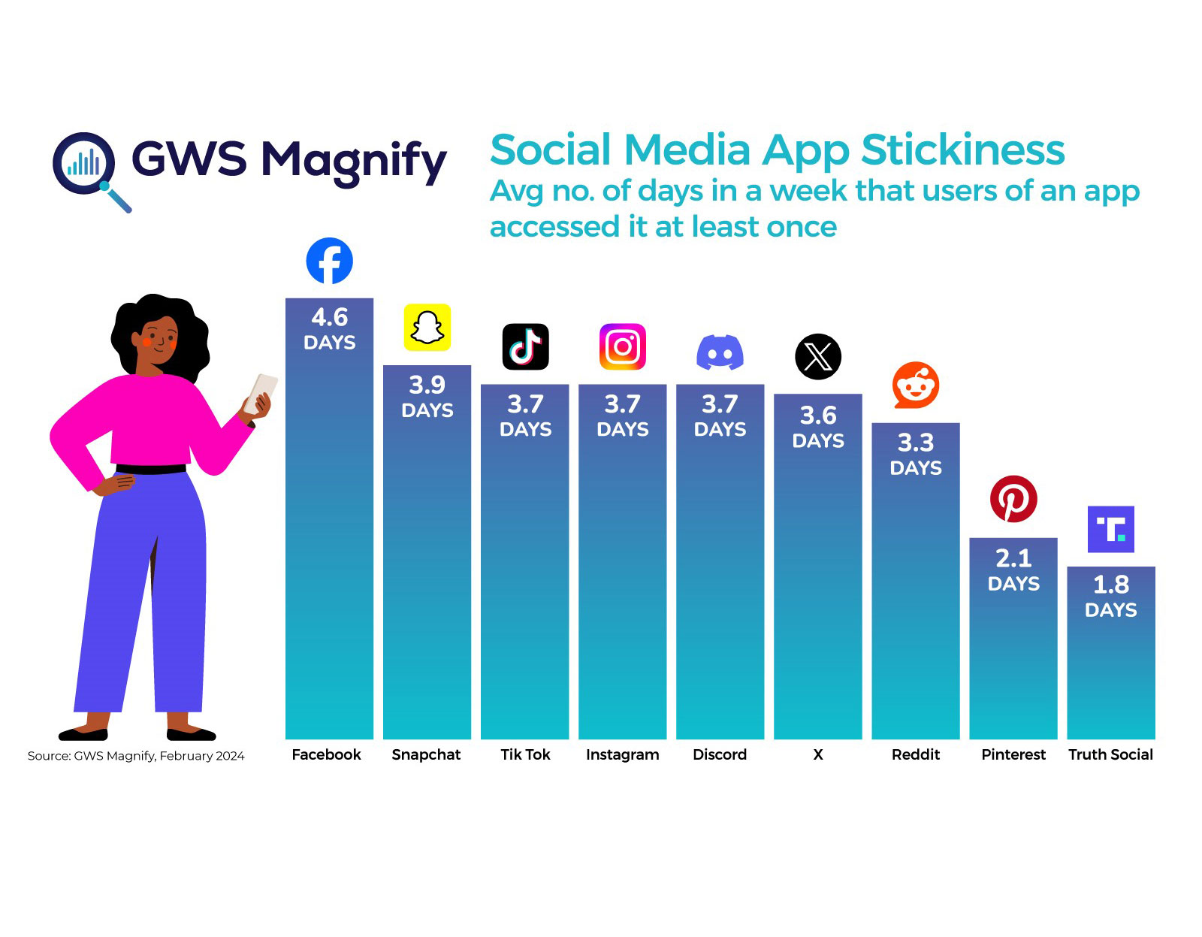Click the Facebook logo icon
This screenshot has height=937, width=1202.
[329, 261]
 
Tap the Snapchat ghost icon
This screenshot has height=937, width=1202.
[427, 328]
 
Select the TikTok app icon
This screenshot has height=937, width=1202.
[525, 346]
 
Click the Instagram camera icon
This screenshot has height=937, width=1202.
[622, 346]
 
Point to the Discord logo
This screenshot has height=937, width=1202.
[720, 352]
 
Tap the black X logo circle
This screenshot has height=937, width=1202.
[817, 357]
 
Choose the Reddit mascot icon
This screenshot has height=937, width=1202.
[915, 385]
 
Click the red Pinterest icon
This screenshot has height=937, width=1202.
[1013, 499]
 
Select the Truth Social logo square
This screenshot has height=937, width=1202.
[1110, 529]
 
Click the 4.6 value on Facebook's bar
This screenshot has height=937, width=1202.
[330, 318]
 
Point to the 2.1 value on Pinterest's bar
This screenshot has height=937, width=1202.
[1013, 558]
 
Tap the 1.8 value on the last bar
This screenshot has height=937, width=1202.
[1110, 585]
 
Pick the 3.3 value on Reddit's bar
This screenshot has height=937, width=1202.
[915, 443]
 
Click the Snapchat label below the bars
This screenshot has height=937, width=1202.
[426, 754]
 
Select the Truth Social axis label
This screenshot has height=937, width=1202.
[1110, 754]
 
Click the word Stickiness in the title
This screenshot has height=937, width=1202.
[962, 150]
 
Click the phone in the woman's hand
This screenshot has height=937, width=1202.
[261, 391]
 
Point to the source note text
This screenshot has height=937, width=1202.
[136, 756]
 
